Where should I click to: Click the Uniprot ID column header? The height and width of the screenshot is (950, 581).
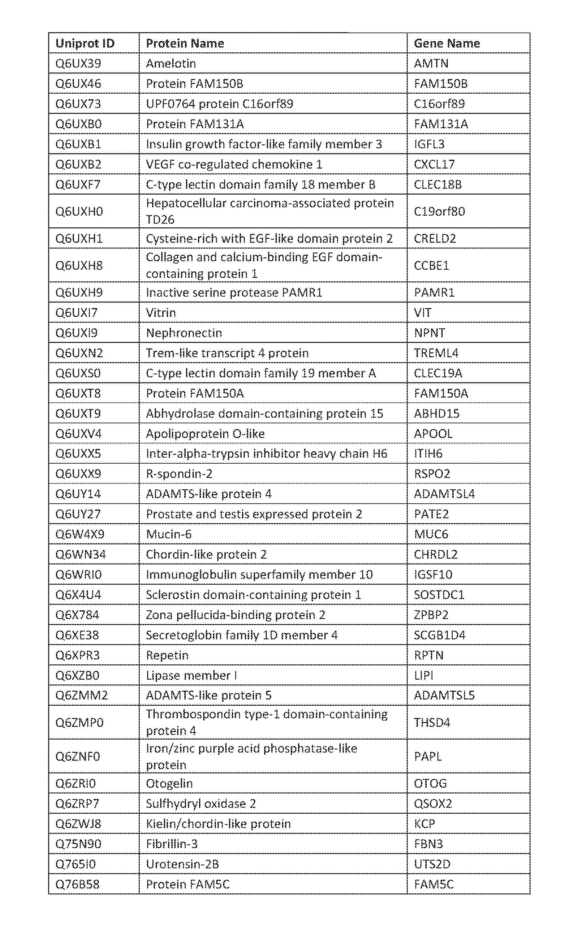[x=85, y=43]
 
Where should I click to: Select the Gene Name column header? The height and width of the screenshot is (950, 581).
[x=446, y=43]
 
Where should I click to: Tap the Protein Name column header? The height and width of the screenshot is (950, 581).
[x=185, y=43]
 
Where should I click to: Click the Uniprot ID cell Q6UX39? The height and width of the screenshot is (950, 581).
[x=78, y=63]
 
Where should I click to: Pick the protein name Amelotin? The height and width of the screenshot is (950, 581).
[x=171, y=63]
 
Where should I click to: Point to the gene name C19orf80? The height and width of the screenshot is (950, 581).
[x=439, y=211]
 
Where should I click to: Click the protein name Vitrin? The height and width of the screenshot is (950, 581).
[x=161, y=312]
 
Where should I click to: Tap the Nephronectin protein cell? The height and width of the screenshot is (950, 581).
[x=184, y=333]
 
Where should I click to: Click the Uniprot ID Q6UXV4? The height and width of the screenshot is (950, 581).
[x=78, y=433]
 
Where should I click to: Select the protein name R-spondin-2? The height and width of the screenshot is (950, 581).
[x=179, y=473]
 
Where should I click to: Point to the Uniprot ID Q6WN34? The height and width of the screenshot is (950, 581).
[x=81, y=554]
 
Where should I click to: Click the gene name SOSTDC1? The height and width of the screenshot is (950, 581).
[x=439, y=594]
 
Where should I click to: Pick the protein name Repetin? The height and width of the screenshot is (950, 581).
[x=167, y=655]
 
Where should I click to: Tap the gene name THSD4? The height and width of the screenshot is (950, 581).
[x=432, y=722]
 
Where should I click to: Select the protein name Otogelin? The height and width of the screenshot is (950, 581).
[x=169, y=783]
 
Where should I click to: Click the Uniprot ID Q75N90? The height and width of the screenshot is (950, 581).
[x=78, y=844]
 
